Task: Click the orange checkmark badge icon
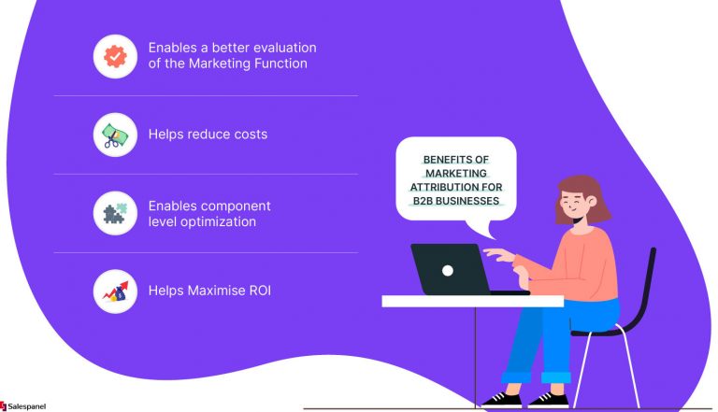pos(115,56)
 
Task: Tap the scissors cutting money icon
pos(115,135)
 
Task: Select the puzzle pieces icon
pos(115,213)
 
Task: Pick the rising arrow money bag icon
pos(115,291)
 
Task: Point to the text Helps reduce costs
pos(208,135)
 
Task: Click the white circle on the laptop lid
pos(448,270)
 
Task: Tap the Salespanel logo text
pos(26,405)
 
